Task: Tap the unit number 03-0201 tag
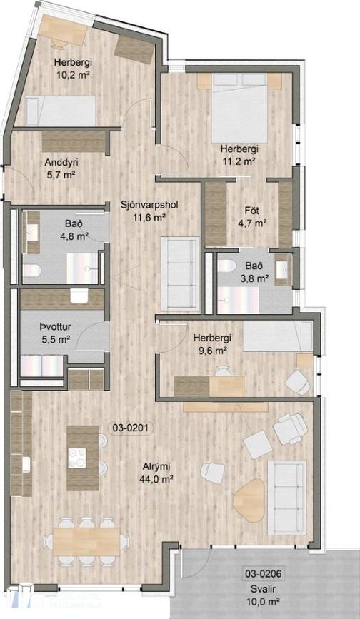pos(129,428)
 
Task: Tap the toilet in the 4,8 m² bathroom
pos(31,270)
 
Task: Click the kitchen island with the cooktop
pos(82,457)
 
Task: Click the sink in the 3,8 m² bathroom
pos(285,266)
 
